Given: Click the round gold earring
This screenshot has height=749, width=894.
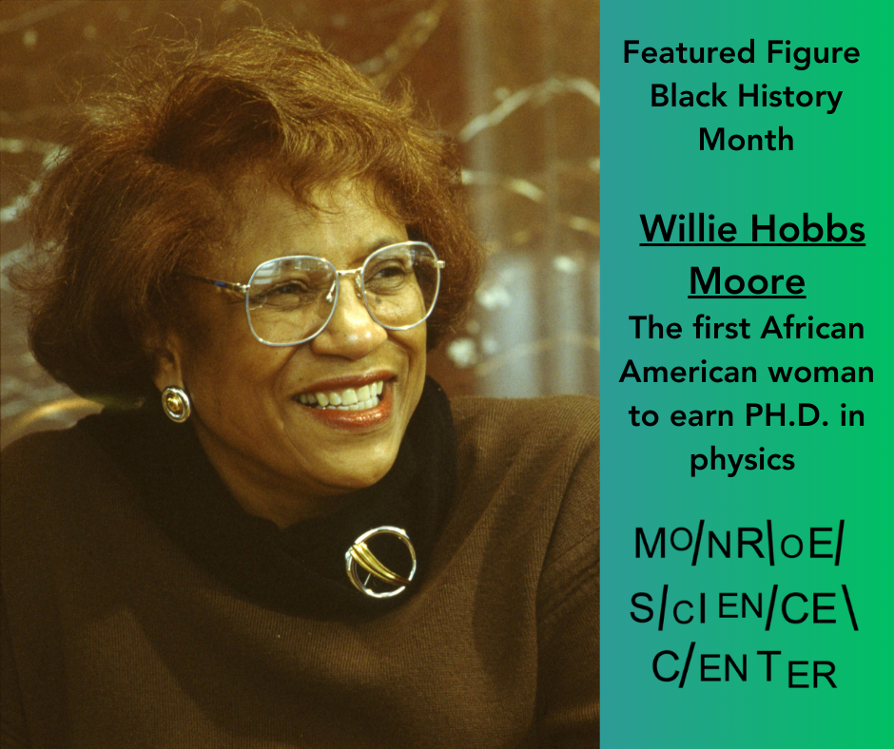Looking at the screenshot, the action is point(176,404).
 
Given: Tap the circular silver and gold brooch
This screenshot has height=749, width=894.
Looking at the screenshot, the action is point(380,562).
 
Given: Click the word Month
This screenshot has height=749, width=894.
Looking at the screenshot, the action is point(747,139).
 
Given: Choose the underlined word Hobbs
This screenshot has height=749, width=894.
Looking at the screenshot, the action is point(807,228).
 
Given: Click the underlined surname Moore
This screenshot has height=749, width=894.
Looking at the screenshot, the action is point(747,281).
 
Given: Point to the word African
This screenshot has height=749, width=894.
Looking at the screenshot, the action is point(812,328).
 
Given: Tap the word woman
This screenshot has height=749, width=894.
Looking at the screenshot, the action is point(821,374).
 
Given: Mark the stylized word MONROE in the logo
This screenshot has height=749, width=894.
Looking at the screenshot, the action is point(738,544).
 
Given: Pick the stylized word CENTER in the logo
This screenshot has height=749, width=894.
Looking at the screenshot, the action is point(744,668).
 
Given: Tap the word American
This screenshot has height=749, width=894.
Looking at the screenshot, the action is point(689,373).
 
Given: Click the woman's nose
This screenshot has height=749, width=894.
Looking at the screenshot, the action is point(349,325).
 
